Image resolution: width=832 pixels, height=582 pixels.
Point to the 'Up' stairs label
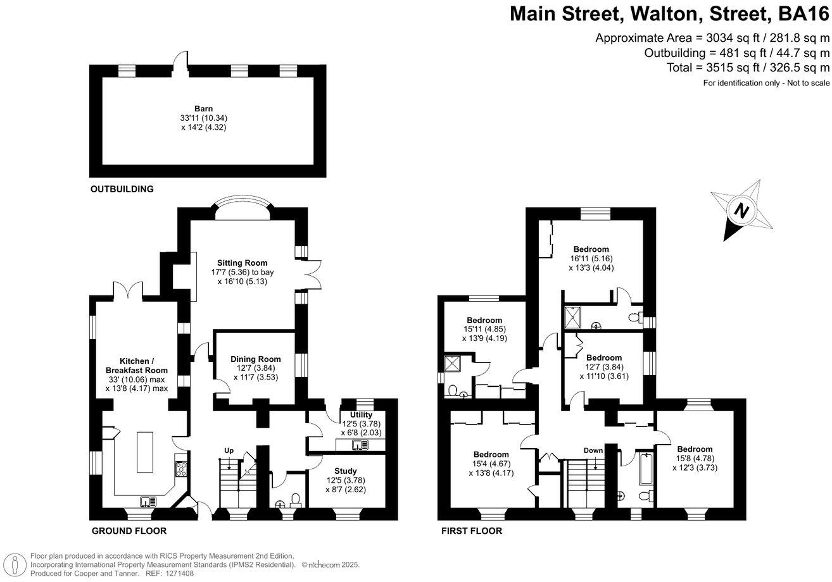point(229,450)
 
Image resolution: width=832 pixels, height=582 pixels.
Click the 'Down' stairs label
point(593,450)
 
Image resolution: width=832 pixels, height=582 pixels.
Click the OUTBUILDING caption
point(122,189)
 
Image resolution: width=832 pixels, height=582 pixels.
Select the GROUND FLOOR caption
point(129,531)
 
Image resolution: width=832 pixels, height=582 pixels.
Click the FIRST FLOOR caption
point(472,531)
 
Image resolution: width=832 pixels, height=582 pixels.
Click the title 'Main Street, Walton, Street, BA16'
point(669,14)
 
